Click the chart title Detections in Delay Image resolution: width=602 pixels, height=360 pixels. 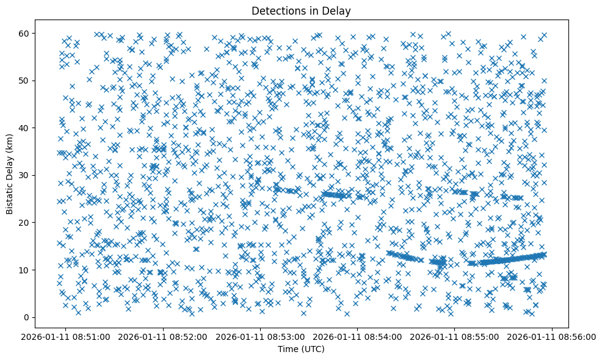coord(301,11)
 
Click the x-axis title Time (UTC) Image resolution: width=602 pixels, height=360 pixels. coord(301,350)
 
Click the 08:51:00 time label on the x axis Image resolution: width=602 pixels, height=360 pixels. coord(67,336)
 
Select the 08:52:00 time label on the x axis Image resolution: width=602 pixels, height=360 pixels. coord(164,336)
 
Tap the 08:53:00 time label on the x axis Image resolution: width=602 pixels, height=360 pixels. coord(261,336)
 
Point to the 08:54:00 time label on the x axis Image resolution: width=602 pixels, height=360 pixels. coord(358,336)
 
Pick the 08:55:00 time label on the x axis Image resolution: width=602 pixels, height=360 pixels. coord(455,336)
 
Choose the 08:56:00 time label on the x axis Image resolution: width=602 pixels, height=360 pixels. coord(553,336)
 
